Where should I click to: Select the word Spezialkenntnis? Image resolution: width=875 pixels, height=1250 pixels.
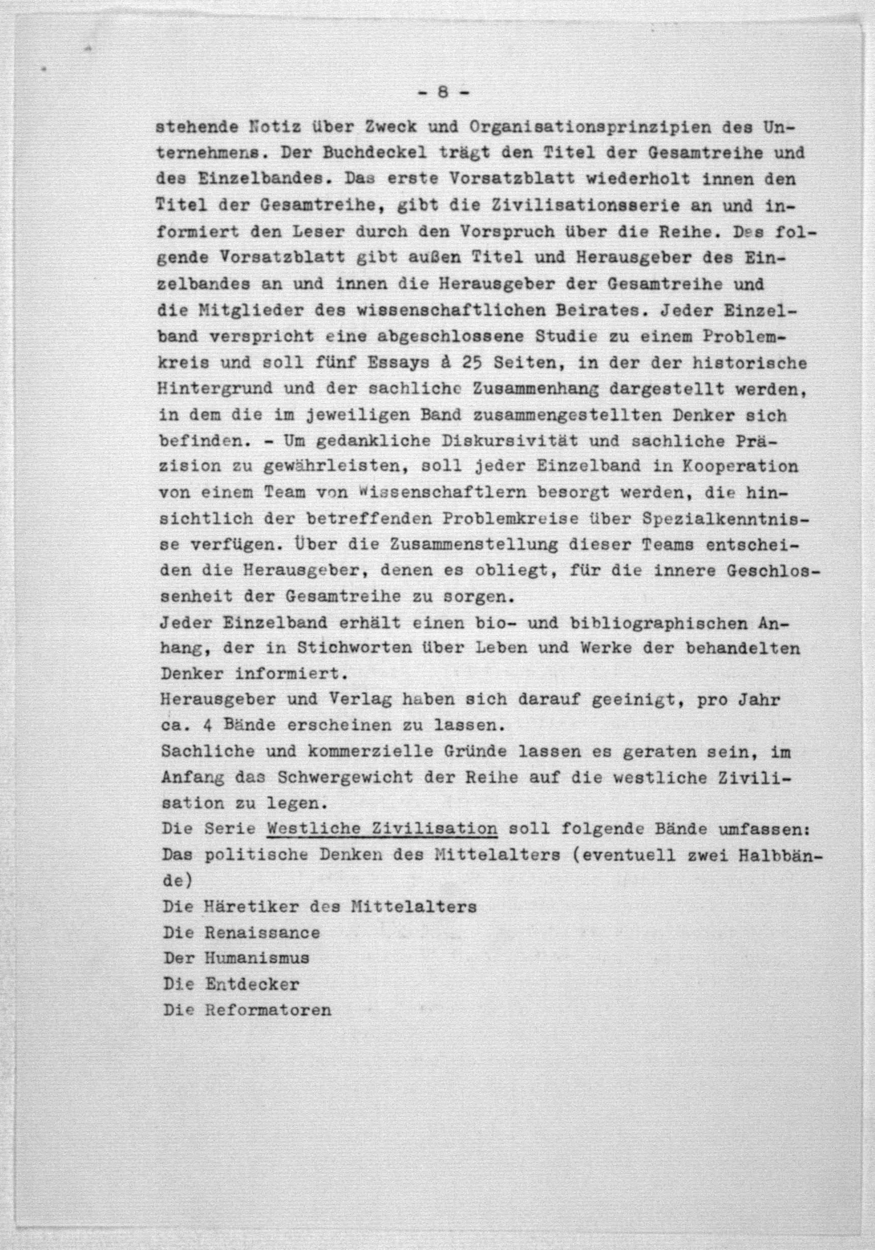[726, 519]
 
